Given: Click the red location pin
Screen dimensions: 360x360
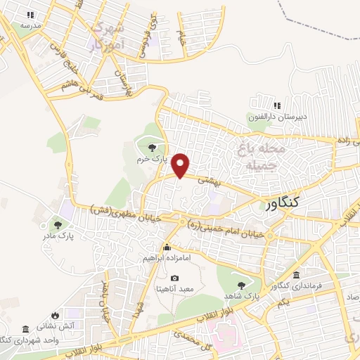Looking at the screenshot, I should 181,165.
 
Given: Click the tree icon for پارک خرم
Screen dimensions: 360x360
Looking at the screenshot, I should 153,147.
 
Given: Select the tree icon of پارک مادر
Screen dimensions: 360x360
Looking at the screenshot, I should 58,225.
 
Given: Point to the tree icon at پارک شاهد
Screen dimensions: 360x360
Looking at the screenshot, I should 241,285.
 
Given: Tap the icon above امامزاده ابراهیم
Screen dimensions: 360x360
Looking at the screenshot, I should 167,247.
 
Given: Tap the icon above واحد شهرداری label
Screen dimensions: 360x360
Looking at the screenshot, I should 26,330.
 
